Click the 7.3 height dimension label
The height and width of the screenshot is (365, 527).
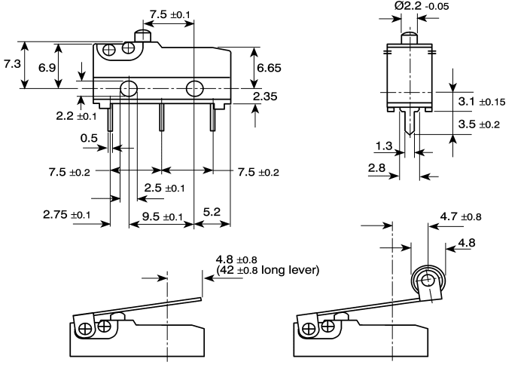tap(13, 63)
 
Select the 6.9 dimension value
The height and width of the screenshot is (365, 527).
tap(47, 68)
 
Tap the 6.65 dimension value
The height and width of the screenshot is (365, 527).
tap(269, 68)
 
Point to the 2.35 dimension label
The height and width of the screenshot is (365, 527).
tap(265, 97)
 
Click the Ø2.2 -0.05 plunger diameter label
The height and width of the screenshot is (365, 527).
tap(422, 6)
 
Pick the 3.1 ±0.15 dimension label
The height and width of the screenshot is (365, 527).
tap(482, 101)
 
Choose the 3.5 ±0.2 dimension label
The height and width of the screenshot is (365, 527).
tap(479, 124)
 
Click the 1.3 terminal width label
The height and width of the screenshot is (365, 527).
tap(384, 146)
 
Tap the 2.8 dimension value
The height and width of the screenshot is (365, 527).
tap(376, 167)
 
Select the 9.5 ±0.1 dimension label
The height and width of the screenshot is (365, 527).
tap(163, 216)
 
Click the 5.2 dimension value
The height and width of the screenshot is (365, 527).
tap(212, 212)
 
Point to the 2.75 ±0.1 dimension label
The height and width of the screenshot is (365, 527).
tap(66, 214)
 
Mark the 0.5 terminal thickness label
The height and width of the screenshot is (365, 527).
tap(89, 138)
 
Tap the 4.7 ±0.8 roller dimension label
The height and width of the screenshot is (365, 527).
tap(461, 216)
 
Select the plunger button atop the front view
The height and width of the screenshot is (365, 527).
tap(143, 35)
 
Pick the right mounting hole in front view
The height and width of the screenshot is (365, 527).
tap(194, 88)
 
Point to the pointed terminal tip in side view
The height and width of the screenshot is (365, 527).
tap(410, 133)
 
